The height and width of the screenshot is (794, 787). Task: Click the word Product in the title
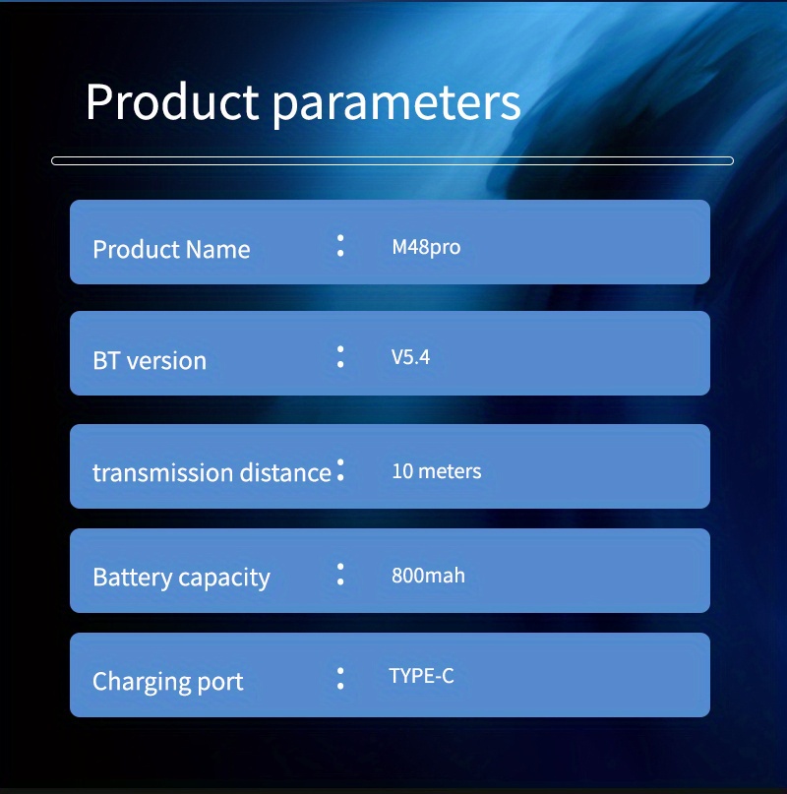(x=172, y=101)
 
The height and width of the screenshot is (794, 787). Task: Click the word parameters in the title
(x=396, y=106)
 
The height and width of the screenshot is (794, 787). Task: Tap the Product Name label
(x=171, y=249)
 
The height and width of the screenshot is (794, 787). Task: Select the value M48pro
(x=426, y=248)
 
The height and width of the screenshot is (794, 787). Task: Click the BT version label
(x=150, y=360)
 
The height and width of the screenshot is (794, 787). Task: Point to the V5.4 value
(x=410, y=357)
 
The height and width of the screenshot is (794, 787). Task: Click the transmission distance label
(x=212, y=472)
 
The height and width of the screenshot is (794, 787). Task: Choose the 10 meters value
(x=437, y=471)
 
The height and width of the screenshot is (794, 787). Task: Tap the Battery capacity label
(x=181, y=578)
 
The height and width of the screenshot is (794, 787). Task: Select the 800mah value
(x=428, y=576)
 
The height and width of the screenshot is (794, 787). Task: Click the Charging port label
(x=167, y=682)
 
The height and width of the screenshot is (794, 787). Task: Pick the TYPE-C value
(x=421, y=676)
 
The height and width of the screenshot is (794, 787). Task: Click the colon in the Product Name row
(x=340, y=246)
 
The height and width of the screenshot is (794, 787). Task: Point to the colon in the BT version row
(x=340, y=356)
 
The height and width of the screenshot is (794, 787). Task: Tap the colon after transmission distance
(x=340, y=469)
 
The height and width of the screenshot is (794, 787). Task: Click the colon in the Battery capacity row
(x=340, y=575)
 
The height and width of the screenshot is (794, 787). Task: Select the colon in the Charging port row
(x=340, y=679)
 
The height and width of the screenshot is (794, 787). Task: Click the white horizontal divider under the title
(x=393, y=160)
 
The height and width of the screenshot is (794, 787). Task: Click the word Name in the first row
(x=217, y=249)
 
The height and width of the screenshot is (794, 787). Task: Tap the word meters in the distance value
(x=450, y=471)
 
